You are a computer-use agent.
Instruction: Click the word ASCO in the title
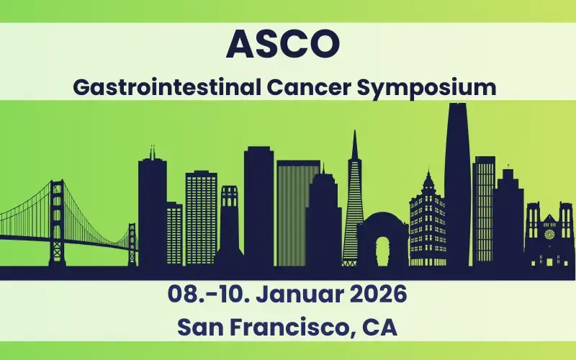[x=282, y=45]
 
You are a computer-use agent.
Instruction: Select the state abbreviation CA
[x=378, y=327]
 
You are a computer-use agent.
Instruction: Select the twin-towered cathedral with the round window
[x=549, y=238]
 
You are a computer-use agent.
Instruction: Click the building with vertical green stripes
[x=297, y=212]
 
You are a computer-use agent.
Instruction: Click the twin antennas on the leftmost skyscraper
[x=152, y=152]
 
